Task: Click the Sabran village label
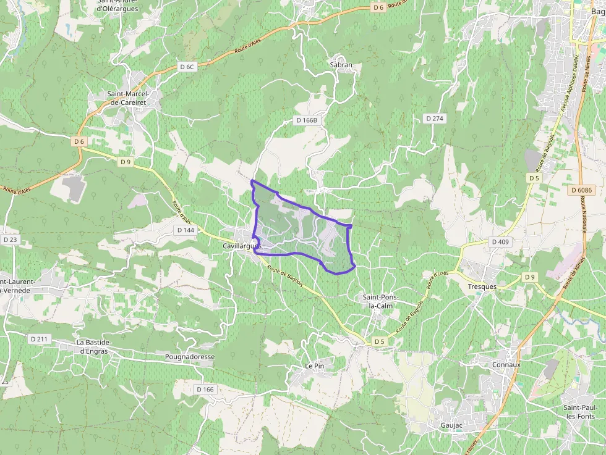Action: pos(341,65)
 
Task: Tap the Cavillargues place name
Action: pos(242,246)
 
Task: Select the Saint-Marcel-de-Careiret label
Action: pos(133,98)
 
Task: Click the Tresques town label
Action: pos(482,287)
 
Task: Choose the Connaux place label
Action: pos(506,364)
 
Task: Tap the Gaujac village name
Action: pos(451,425)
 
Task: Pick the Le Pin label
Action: pos(315,366)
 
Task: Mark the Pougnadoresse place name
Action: pos(190,357)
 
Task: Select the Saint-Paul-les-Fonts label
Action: pos(583,412)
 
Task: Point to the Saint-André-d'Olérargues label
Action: pos(117,4)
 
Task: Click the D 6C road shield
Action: pos(187,66)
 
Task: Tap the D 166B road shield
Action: pos(306,120)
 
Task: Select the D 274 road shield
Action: pos(435,118)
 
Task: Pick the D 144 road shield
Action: pos(186,230)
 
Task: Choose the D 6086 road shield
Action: pos(581,190)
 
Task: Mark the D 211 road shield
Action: pos(38,338)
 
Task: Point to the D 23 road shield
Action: pos(10,239)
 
